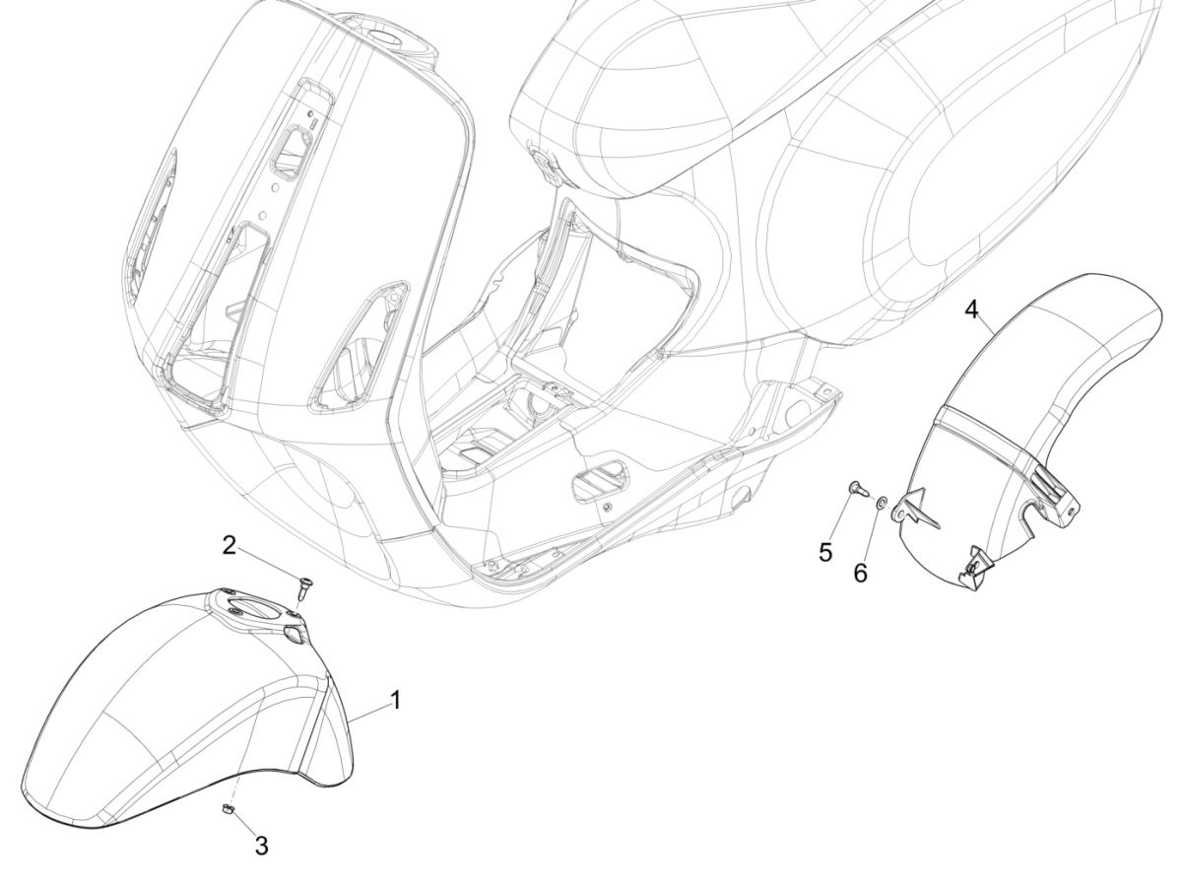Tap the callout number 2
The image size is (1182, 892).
click(229, 545)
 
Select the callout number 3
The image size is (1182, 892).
click(261, 845)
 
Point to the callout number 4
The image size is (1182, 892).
click(971, 310)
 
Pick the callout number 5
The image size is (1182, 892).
click(826, 551)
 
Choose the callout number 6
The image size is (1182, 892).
click(860, 573)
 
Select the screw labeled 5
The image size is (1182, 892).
click(855, 488)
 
